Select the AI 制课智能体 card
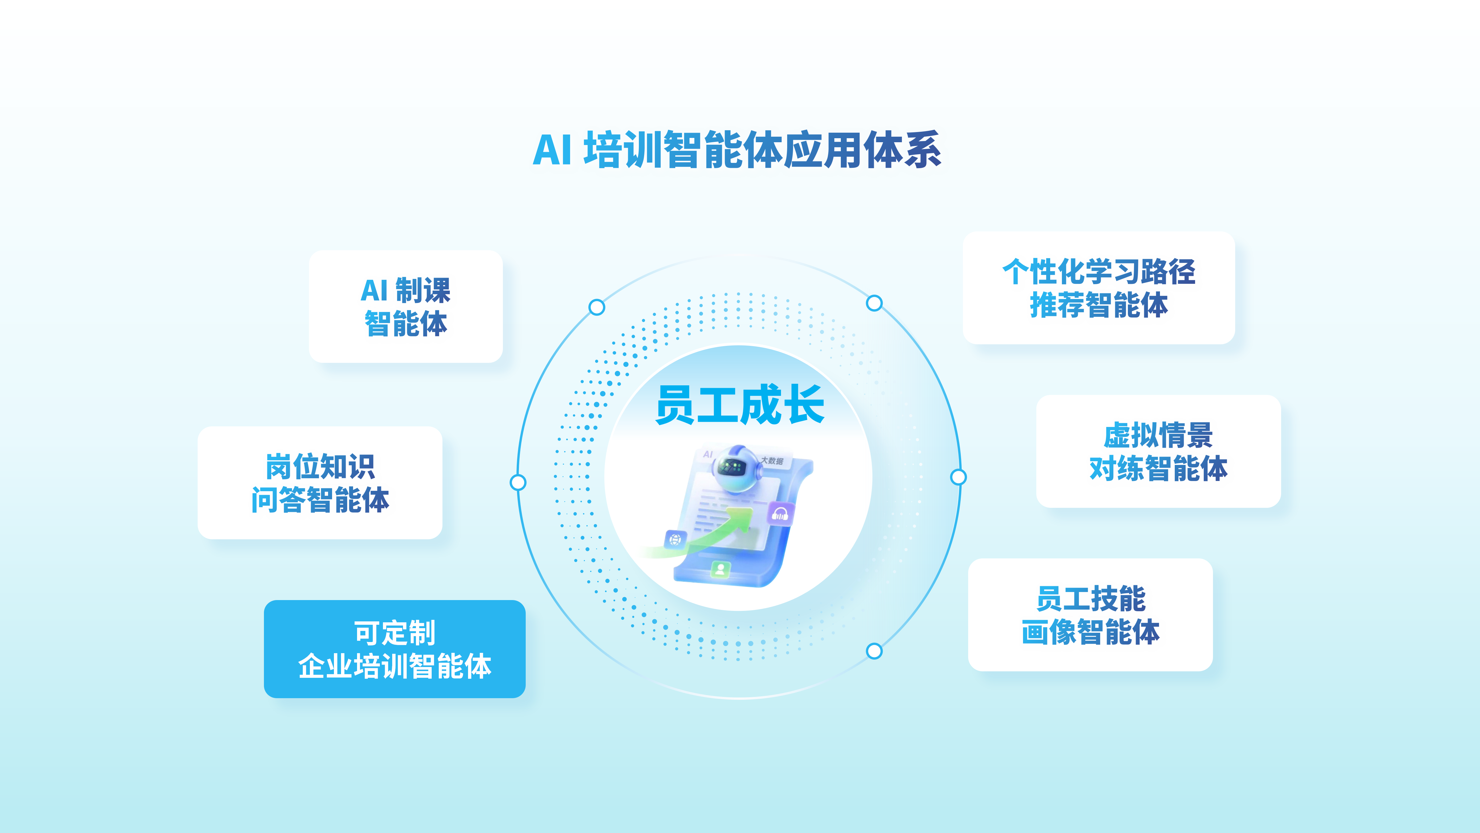click(406, 306)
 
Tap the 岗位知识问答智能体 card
click(320, 483)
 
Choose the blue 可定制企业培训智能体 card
click(395, 649)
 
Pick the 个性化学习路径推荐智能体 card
click(1099, 288)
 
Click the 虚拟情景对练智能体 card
click(1158, 451)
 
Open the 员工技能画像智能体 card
click(1091, 615)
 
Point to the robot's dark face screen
click(732, 467)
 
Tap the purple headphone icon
click(780, 513)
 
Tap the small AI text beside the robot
click(708, 454)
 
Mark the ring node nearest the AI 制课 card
click(597, 307)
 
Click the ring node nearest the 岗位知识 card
click(518, 482)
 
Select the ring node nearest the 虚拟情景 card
click(958, 477)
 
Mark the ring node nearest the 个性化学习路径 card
click(874, 303)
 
